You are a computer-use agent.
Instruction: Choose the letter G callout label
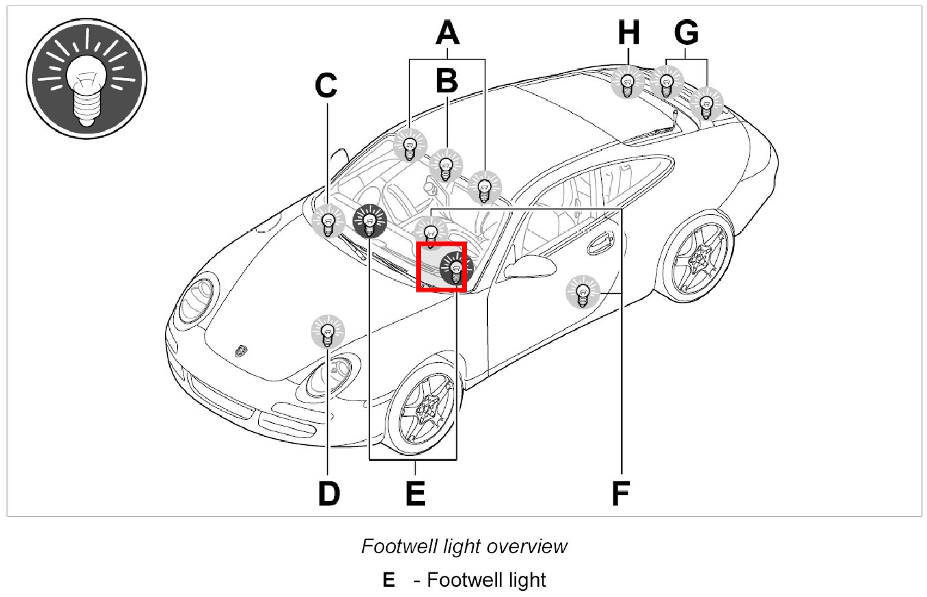(686, 33)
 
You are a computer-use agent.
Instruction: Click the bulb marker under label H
(626, 81)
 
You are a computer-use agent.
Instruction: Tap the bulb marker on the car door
(583, 293)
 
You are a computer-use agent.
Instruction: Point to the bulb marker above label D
(328, 331)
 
